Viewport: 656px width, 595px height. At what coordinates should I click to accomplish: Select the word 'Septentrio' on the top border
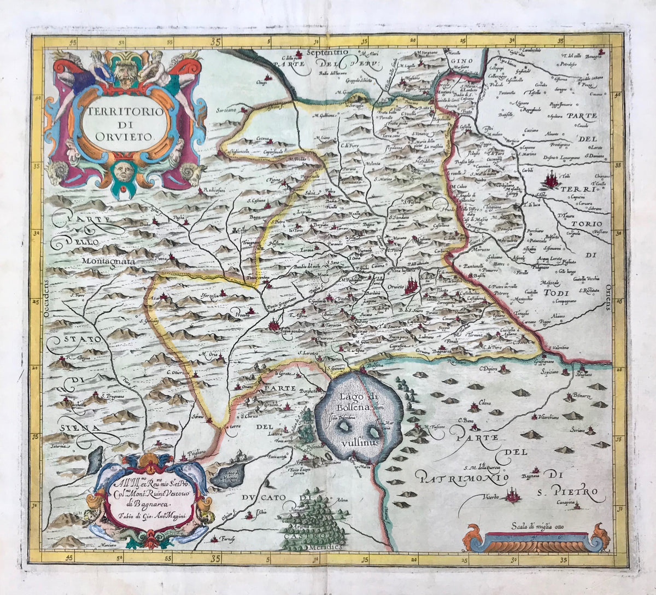pyautogui.click(x=327, y=52)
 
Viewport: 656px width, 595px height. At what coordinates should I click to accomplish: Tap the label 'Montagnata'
pyautogui.click(x=108, y=261)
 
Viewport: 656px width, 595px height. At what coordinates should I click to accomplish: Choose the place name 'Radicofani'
pyautogui.click(x=216, y=190)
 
